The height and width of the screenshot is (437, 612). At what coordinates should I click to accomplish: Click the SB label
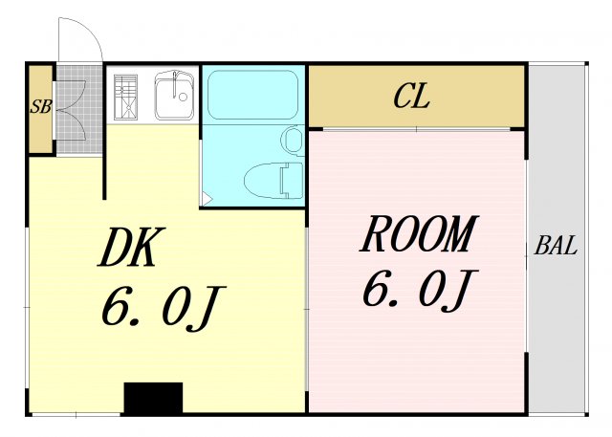(40, 106)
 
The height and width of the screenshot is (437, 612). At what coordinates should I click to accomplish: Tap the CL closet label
(411, 96)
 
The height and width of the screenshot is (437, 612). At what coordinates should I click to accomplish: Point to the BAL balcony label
(556, 246)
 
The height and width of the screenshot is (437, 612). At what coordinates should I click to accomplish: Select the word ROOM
(419, 233)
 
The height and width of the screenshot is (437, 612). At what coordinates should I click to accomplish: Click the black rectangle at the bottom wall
(153, 398)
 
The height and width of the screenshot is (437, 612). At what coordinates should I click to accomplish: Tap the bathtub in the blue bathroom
(252, 95)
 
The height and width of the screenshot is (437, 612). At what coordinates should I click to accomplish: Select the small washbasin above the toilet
(292, 141)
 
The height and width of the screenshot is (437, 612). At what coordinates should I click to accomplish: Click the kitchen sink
(174, 96)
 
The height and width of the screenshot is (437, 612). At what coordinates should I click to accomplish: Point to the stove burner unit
(125, 97)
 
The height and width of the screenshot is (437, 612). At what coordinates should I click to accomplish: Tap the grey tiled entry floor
(80, 109)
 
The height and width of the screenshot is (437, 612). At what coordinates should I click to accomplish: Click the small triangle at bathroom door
(207, 200)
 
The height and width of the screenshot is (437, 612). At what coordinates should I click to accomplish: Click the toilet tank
(292, 181)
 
